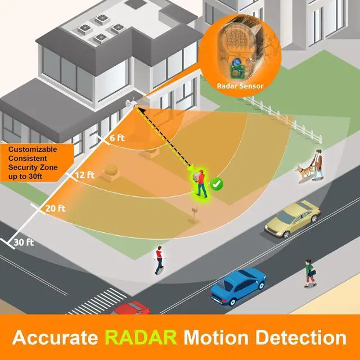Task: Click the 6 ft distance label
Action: (x=117, y=138)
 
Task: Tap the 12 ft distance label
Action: (x=85, y=175)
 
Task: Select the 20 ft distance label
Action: (x=55, y=209)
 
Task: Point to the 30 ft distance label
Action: (x=24, y=242)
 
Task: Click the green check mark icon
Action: (x=217, y=184)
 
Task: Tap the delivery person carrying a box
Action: (x=200, y=183)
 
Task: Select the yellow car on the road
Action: (x=292, y=219)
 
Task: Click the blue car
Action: (x=238, y=286)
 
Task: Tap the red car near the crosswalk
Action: (x=132, y=308)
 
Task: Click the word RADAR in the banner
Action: (x=141, y=337)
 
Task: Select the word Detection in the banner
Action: (x=301, y=337)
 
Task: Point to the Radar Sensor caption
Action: (x=240, y=86)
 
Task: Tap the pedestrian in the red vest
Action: (x=159, y=260)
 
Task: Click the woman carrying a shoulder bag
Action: (x=310, y=273)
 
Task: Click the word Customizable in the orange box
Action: (x=33, y=150)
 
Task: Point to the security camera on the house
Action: (x=130, y=102)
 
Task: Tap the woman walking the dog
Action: (x=317, y=164)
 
